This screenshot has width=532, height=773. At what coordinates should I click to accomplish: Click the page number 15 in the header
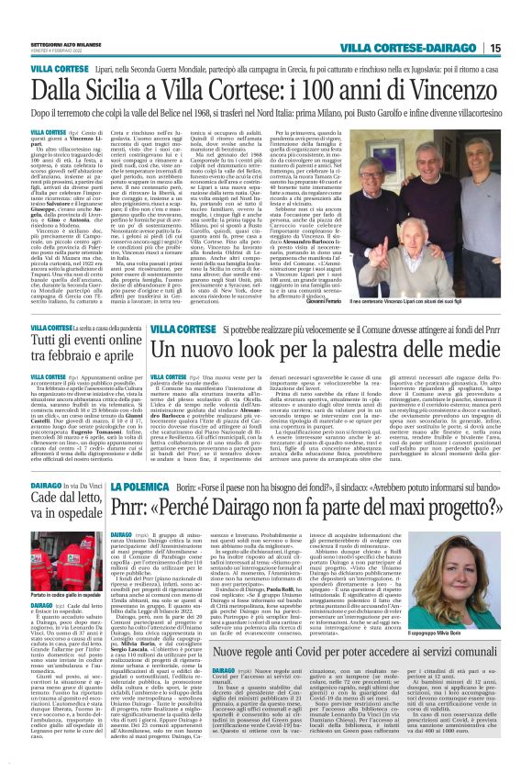(493, 47)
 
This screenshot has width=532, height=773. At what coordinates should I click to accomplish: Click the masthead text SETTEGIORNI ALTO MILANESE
(65, 43)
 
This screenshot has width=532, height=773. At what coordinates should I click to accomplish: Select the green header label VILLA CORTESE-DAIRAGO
(411, 47)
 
